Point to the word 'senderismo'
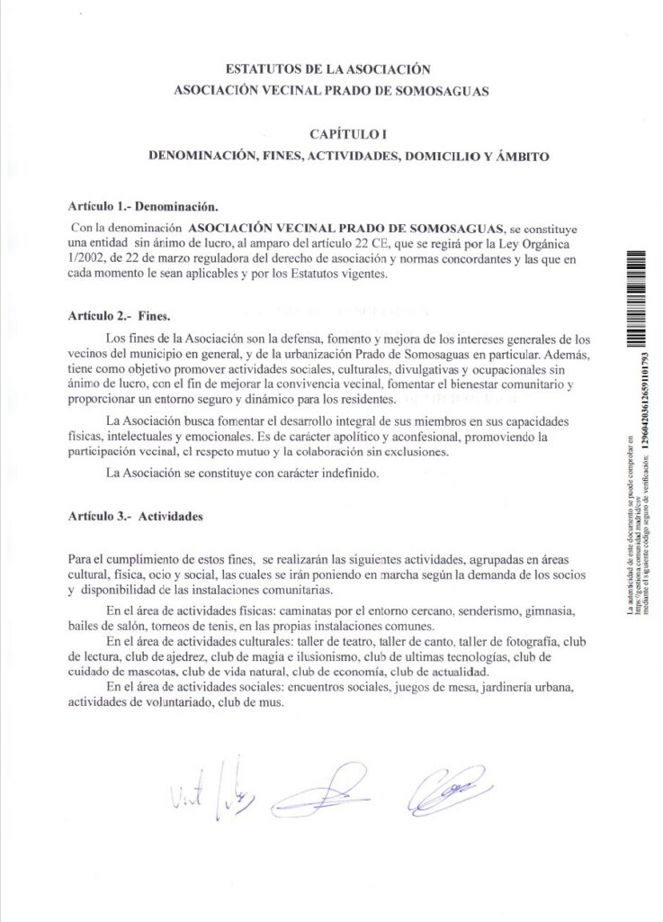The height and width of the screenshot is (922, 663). pos(470,611)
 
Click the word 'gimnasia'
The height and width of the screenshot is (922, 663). pos(552,611)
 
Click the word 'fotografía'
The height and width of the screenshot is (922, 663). pos(531,642)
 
